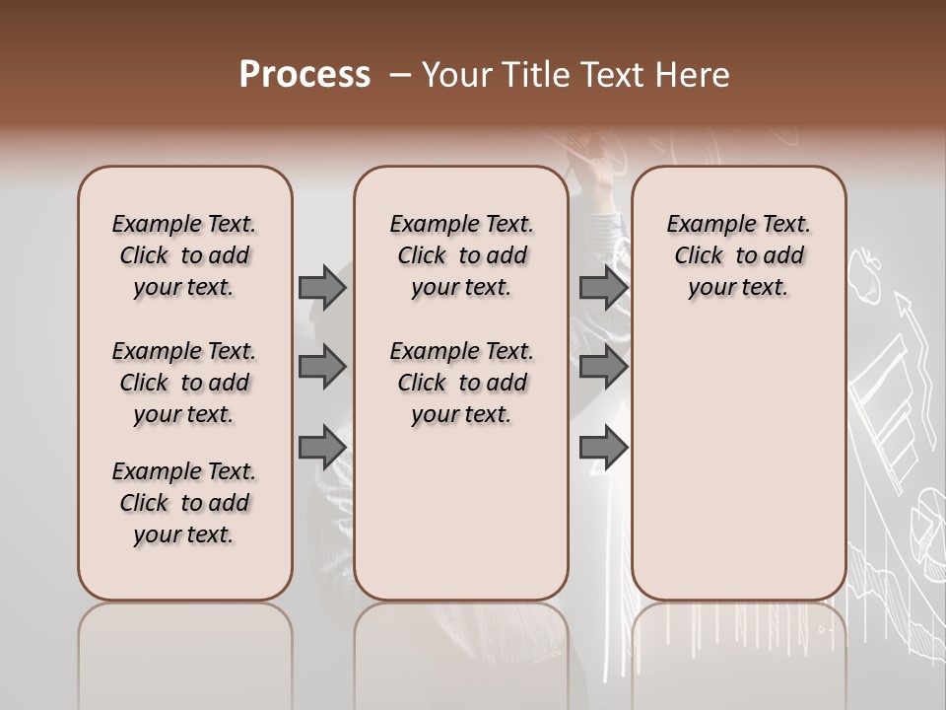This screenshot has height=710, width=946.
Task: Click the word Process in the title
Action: (304, 74)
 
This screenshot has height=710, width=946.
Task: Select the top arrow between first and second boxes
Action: (321, 287)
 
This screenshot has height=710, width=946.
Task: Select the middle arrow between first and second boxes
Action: (321, 367)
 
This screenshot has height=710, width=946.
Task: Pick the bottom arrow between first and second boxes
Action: (321, 447)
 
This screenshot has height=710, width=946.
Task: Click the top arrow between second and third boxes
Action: (603, 287)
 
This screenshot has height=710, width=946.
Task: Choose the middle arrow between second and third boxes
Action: (603, 367)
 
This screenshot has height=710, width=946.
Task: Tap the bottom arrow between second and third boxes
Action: (603, 447)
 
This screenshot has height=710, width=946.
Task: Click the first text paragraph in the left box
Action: (184, 255)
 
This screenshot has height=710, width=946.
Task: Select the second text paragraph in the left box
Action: (184, 383)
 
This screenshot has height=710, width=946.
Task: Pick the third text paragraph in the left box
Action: (184, 503)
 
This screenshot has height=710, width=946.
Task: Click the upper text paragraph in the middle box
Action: (462, 255)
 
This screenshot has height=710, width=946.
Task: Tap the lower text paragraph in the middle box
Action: (462, 383)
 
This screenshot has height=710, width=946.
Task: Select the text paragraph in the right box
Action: (739, 255)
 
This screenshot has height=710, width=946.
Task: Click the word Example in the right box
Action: (702, 225)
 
